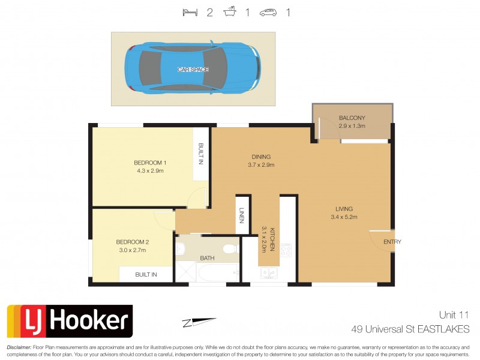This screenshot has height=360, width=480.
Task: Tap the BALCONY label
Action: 352,118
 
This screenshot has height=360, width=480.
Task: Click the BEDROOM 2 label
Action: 132,242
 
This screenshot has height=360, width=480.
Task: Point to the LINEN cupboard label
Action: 242,217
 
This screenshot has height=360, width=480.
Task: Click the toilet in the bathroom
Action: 229,248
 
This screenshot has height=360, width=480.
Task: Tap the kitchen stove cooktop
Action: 286,250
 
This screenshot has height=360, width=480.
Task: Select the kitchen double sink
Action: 268,274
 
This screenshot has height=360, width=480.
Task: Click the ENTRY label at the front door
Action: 392,242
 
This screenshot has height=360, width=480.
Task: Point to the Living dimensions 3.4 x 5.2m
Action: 344,217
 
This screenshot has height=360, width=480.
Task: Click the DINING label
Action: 260,157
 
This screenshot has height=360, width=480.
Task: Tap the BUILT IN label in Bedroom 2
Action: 146,275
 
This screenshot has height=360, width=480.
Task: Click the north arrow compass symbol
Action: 199,322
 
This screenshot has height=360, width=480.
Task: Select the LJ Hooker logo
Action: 70,321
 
